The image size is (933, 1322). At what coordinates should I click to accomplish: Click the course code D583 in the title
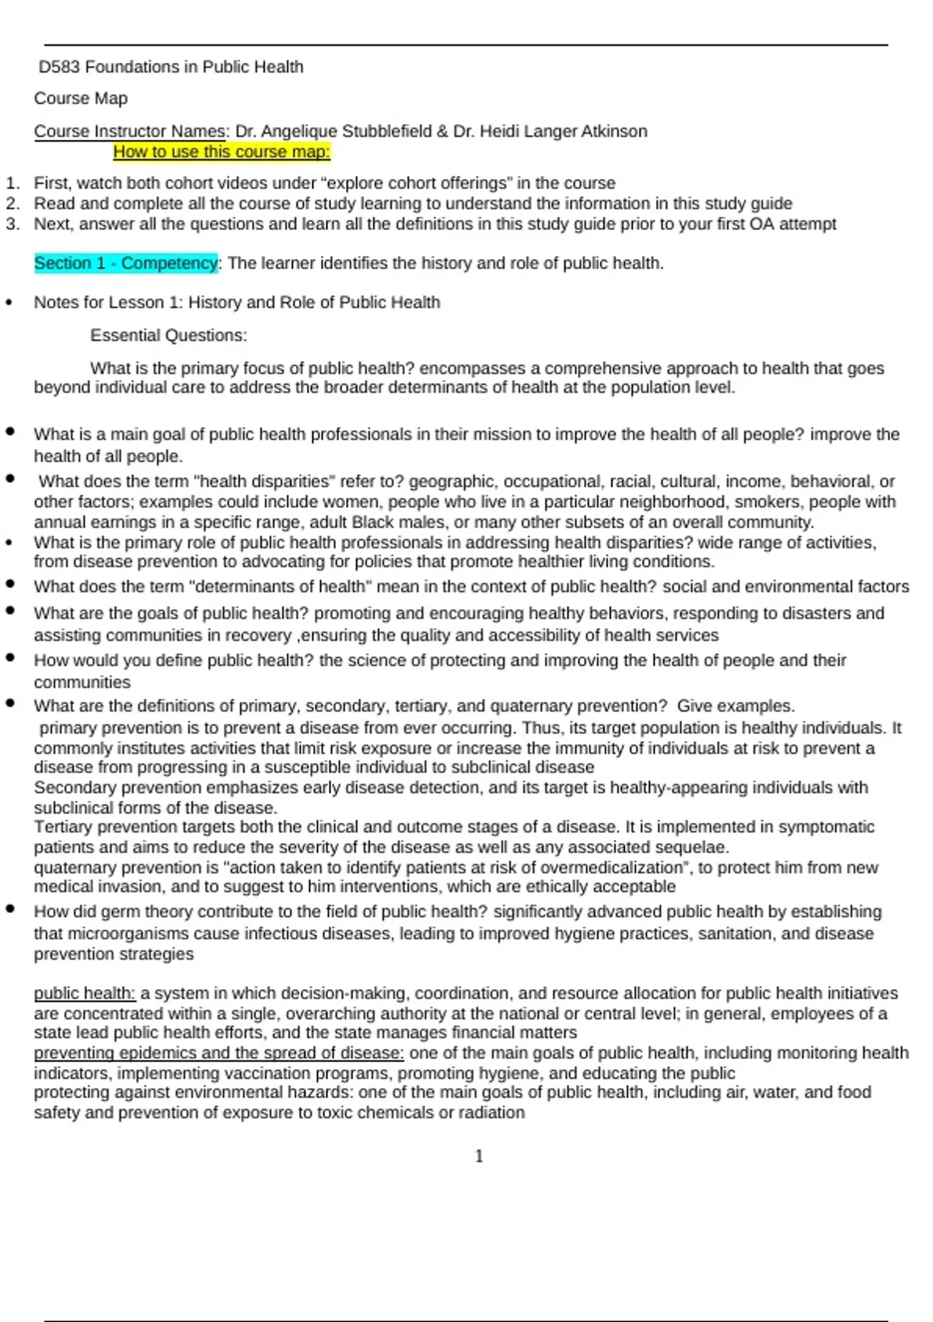pos(59,68)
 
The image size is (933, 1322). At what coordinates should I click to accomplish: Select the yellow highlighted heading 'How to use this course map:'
pos(222,152)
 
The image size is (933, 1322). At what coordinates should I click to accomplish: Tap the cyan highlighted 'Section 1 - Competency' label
pos(126,264)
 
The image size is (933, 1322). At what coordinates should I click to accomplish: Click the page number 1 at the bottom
pos(479,1156)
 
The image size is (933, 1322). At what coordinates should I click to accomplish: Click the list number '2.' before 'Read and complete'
pos(12,204)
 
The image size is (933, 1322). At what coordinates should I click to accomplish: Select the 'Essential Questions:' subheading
pos(169,336)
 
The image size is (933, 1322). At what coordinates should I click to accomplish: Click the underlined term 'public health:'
pos(85,994)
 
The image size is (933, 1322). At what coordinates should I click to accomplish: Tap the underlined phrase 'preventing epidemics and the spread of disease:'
pos(218,1054)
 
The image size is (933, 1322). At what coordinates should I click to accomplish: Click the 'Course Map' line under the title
pos(81,99)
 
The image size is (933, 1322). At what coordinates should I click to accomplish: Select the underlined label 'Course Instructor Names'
pos(130,131)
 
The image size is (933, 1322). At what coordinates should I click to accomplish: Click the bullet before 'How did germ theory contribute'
pos(10,908)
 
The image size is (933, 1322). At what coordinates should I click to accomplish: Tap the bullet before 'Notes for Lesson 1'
pos(9,303)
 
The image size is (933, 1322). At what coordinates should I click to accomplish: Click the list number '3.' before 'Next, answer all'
pos(12,224)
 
